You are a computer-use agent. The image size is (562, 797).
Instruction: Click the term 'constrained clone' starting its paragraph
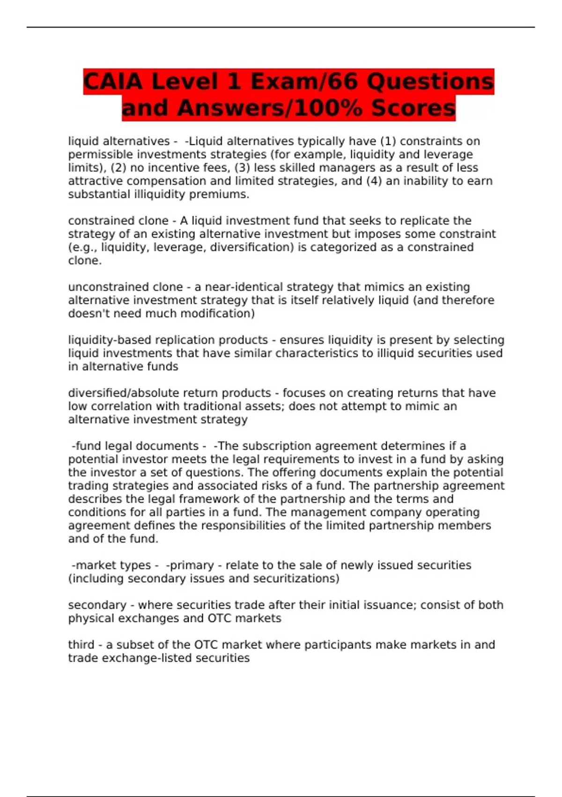118,221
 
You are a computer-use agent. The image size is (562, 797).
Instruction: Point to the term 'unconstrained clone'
125,287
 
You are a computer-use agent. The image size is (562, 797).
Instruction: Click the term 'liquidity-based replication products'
168,340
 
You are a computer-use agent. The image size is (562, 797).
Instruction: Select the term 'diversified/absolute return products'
170,393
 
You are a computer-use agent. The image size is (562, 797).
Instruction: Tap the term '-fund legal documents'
135,446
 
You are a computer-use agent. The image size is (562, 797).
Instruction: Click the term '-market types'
111,565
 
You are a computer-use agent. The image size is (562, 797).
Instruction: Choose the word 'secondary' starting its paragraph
97,605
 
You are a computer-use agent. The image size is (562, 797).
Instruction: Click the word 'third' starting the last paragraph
81,645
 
